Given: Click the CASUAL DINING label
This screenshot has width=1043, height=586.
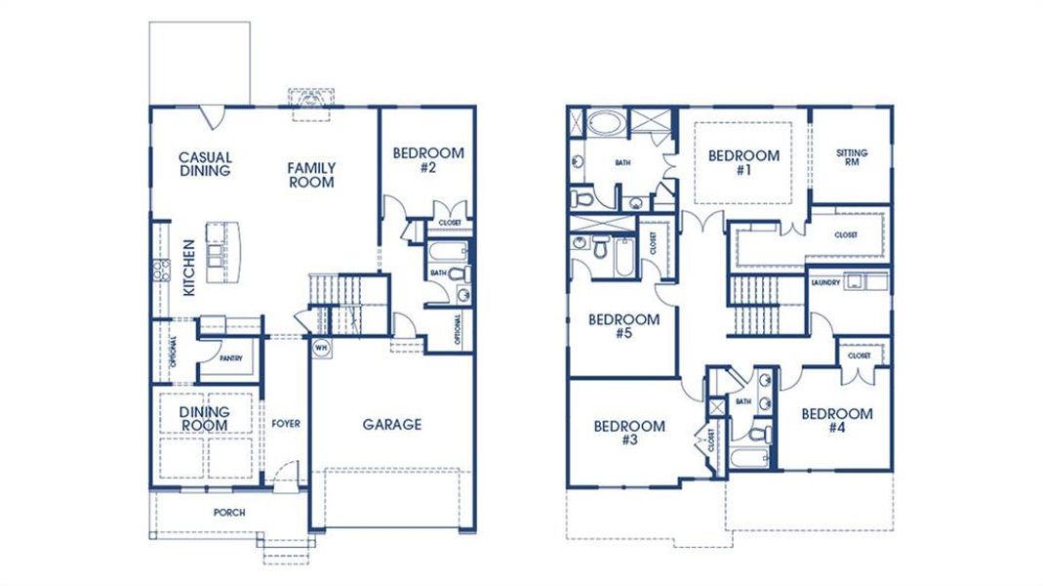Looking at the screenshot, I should [205, 164].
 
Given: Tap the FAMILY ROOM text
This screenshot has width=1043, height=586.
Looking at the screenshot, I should [311, 175].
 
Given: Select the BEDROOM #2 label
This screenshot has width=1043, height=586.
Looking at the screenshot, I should [428, 160].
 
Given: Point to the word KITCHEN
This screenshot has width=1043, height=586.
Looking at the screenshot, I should [189, 269].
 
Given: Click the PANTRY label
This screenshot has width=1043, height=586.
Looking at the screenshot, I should [231, 358].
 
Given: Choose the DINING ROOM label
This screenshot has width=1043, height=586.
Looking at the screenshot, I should [204, 419].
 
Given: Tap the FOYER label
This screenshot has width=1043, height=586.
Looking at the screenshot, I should [286, 424].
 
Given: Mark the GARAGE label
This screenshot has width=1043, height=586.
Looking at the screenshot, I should [392, 424].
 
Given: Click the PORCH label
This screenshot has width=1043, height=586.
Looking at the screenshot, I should [229, 513].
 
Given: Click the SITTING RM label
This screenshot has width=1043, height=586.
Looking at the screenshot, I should [852, 157].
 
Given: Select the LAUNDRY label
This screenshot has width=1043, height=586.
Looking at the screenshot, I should [825, 282].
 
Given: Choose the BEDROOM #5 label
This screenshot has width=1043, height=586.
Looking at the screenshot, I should [623, 326].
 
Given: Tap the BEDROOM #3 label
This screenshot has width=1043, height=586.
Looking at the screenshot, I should [629, 433].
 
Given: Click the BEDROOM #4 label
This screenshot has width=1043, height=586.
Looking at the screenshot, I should [837, 421].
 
